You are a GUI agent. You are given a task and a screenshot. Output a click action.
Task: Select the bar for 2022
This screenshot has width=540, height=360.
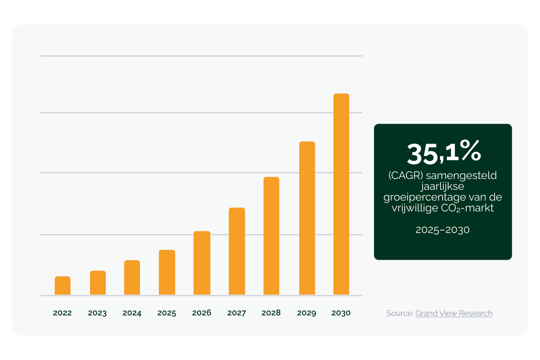coord(63,286)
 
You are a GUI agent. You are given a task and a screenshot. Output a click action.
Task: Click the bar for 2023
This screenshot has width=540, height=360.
coord(98,283)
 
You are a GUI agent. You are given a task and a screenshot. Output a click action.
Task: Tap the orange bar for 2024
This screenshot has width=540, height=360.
coord(132,278)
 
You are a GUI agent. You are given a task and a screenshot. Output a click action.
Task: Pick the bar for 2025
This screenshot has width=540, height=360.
coord(167,272)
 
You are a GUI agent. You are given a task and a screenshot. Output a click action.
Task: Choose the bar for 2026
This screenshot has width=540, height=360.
coord(202,263)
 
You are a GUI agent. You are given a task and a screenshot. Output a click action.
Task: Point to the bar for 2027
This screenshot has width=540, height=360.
coord(237,252)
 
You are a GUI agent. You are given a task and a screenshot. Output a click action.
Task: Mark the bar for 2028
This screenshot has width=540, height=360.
coord(271,236)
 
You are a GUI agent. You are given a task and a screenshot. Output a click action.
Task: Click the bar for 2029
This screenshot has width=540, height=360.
coord(307,218)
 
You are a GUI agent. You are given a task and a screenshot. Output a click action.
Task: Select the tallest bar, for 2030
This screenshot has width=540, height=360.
coord(341,194)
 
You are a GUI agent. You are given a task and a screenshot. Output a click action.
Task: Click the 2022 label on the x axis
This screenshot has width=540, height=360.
coord(63,313)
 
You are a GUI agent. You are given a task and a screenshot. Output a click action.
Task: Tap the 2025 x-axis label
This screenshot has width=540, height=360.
coord(167,313)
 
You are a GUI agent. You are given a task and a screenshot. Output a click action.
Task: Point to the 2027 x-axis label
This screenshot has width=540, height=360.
coord(237,313)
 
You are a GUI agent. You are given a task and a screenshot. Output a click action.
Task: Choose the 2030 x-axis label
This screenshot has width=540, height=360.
coord(341,313)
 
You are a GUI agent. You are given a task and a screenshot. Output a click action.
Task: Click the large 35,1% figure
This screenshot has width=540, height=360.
coord(444,153)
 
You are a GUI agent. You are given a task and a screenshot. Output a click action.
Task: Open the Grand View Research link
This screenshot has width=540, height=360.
coord(454,313)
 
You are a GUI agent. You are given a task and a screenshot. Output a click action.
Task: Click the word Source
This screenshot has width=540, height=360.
coord(399,313)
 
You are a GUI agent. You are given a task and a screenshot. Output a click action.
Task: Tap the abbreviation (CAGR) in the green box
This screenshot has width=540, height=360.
coord(403,175)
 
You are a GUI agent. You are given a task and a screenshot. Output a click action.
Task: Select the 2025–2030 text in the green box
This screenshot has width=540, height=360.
coord(443,230)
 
